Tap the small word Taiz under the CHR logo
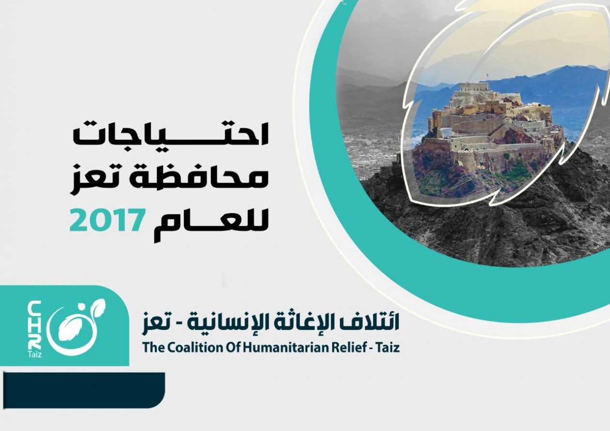pos(34,354)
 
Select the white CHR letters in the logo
pos(35,325)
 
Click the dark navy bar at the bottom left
pos(84,390)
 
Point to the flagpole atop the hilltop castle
pos(488,77)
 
